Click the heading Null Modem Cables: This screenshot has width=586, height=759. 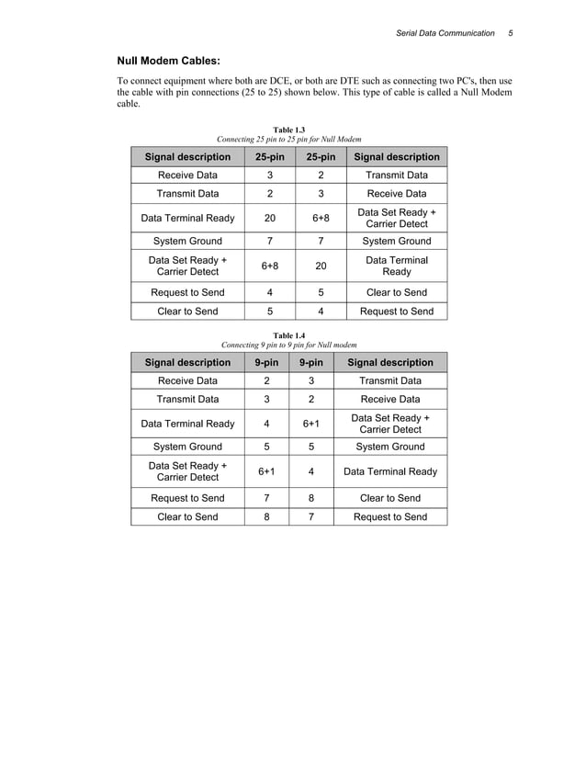point(167,62)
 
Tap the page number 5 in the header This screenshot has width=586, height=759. point(511,33)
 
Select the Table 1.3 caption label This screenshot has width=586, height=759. point(289,130)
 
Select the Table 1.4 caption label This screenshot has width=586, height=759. point(289,335)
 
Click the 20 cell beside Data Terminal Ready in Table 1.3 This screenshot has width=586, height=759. point(269,218)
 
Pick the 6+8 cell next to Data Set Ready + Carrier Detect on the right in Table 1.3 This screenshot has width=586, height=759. point(321,218)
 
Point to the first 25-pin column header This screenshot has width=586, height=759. point(269,157)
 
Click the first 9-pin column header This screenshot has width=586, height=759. point(266,362)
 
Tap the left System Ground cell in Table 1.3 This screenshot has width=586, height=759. point(187,242)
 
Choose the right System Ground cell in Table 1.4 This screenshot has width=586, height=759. point(390,447)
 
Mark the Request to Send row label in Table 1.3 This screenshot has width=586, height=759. point(187,292)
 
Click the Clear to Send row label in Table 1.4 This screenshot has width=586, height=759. point(187,517)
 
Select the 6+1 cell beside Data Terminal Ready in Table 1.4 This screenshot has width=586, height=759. point(311,424)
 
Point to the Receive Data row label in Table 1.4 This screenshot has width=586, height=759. point(187,380)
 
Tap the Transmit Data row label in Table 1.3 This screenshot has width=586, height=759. point(187,194)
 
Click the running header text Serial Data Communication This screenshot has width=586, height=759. point(445,33)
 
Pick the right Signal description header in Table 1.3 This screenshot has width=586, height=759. point(397,157)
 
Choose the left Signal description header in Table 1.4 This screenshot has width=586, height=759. point(187,362)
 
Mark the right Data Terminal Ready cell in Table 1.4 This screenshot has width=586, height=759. point(390,472)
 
